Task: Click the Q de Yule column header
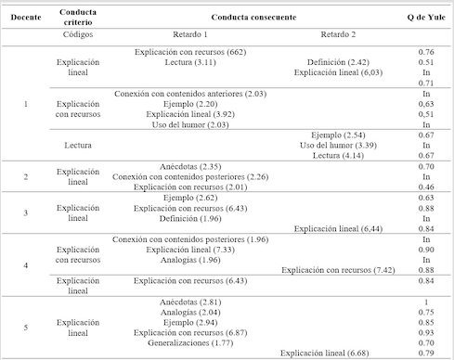[x=422, y=17]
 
